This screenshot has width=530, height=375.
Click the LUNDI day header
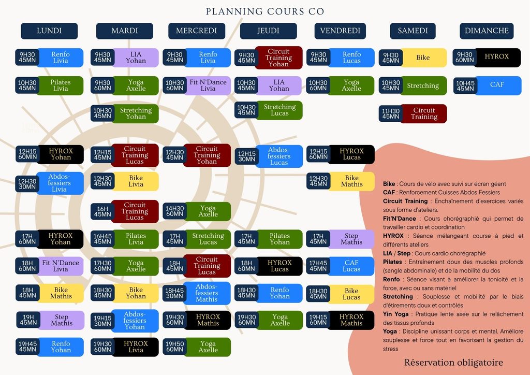point(49,31)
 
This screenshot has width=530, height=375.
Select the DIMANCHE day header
point(487,31)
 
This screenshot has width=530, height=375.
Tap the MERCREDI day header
point(196,31)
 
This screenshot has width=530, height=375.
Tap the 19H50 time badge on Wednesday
point(174,347)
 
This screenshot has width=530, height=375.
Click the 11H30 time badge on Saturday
point(390,113)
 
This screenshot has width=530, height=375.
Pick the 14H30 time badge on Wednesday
point(174,211)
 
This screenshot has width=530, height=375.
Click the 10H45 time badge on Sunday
point(465,86)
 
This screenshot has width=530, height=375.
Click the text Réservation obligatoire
point(453,363)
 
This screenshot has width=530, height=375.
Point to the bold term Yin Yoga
point(395,314)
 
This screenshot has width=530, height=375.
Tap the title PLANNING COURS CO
point(265,11)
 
